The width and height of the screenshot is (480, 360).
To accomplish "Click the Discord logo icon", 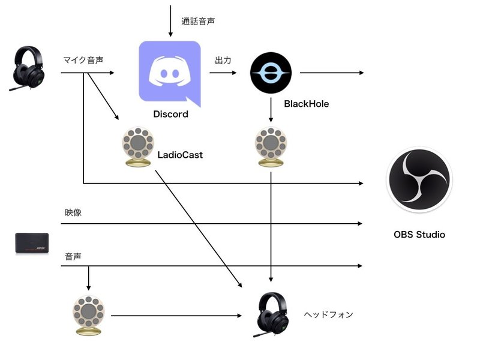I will [169, 71].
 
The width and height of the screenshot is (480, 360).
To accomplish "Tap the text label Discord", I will [170, 114].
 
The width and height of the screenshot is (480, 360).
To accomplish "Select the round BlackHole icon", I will [271, 73].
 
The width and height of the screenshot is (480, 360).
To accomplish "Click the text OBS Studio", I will [419, 235].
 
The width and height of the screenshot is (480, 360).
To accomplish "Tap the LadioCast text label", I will [180, 155].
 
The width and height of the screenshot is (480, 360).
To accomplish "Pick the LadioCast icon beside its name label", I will [136, 147].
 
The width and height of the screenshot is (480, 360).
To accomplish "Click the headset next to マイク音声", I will [25, 68].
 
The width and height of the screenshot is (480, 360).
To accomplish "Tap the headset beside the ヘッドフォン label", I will [272, 315].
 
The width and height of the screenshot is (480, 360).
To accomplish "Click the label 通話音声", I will [199, 21].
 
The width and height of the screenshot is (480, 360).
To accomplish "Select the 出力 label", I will [224, 61].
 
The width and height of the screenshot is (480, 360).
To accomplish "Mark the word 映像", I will [73, 212].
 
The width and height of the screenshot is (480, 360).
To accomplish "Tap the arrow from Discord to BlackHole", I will [223, 73].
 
